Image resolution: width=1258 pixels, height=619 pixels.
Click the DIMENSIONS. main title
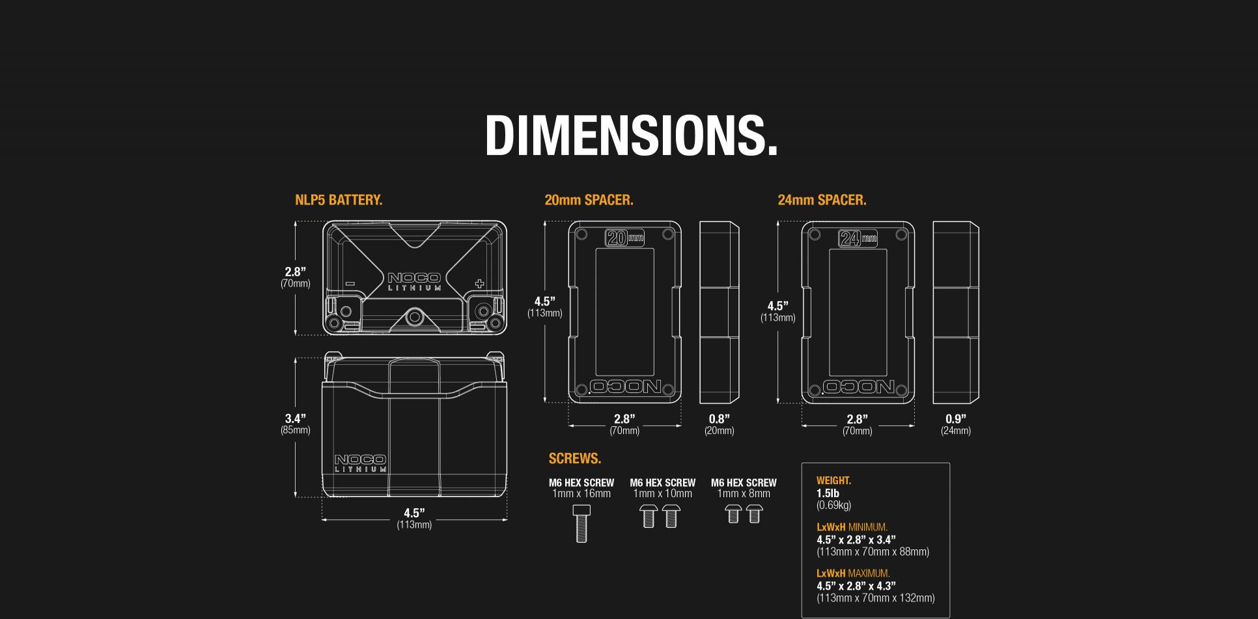(631, 135)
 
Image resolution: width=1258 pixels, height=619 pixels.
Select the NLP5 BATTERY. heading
(339, 200)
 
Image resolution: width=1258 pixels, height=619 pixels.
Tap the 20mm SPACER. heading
(589, 200)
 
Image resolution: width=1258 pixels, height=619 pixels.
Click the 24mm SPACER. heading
(822, 200)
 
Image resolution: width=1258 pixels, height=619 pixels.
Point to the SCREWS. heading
(574, 459)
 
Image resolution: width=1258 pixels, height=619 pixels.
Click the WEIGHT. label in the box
(833, 481)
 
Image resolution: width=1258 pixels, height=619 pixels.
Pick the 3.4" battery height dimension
(295, 419)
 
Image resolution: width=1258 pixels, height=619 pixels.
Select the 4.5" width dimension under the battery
(414, 513)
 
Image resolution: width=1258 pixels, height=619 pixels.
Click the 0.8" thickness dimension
(719, 419)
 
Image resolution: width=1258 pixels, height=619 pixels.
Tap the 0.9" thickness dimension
(955, 419)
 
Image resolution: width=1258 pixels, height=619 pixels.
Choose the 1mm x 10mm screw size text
(662, 494)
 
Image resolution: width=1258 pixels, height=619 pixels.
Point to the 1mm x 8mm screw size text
(744, 494)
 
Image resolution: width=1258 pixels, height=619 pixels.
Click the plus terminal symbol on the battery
(480, 283)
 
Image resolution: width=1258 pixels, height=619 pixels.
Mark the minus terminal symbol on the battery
(350, 284)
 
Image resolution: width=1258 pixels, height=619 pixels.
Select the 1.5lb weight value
(828, 493)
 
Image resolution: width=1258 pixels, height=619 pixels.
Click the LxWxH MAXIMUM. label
(853, 573)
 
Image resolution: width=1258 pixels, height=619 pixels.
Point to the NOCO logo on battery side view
(360, 460)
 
